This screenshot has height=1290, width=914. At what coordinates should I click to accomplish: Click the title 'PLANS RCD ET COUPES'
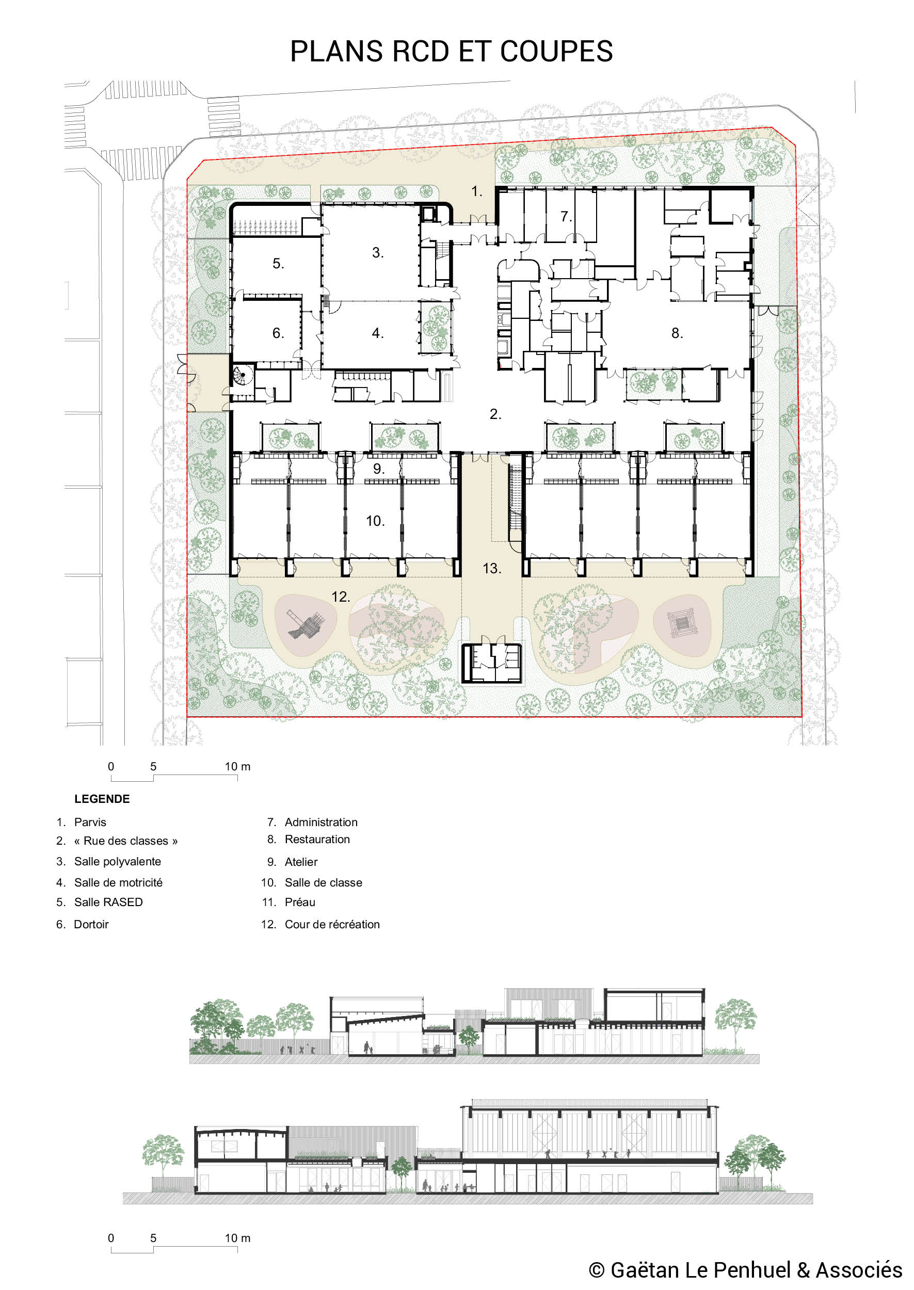pyautogui.click(x=452, y=52)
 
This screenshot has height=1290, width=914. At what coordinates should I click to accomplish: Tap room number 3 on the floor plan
pyautogui.click(x=378, y=253)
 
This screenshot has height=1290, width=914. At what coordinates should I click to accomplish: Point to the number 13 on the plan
pyautogui.click(x=492, y=569)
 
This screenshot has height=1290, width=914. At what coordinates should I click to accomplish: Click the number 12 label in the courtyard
pyautogui.click(x=341, y=597)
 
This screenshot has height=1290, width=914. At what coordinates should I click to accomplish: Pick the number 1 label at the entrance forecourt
pyautogui.click(x=477, y=192)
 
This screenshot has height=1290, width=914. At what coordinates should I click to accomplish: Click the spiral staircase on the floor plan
pyautogui.click(x=243, y=375)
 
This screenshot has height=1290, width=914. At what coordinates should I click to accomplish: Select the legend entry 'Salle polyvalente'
pyautogui.click(x=118, y=861)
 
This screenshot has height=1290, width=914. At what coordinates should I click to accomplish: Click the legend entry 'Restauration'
pyautogui.click(x=317, y=840)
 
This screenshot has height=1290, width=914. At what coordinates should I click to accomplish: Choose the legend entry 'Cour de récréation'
pyautogui.click(x=332, y=924)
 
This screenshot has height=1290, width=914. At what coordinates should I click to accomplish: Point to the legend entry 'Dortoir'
pyautogui.click(x=91, y=924)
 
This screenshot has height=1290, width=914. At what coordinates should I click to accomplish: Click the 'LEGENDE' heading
pyautogui.click(x=102, y=799)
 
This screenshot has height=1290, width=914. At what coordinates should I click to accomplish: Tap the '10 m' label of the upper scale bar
pyautogui.click(x=237, y=766)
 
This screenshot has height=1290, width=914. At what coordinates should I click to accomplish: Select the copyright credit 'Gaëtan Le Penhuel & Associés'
pyautogui.click(x=757, y=1270)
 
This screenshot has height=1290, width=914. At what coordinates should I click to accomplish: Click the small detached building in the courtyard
pyautogui.click(x=492, y=663)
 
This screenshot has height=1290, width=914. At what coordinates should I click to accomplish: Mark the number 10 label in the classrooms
pyautogui.click(x=375, y=522)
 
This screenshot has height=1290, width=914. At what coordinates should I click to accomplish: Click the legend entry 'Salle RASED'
pyautogui.click(x=108, y=902)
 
